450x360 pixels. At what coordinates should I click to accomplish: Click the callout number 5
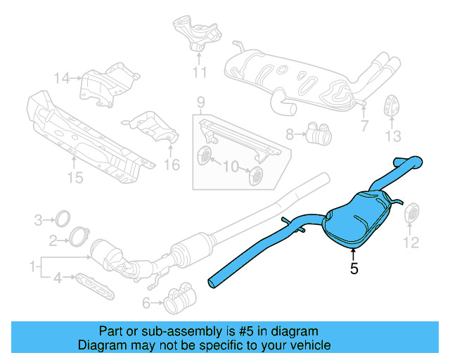point(355,268)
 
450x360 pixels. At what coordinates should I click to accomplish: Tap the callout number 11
point(200,72)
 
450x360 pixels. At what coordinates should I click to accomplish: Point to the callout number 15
point(75,178)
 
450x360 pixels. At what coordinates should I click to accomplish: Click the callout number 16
point(172,165)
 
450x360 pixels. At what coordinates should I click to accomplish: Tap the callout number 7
point(364,127)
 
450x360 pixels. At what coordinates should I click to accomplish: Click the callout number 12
point(411,243)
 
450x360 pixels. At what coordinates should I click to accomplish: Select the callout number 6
point(146,303)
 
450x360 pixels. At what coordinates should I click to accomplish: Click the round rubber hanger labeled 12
point(411,215)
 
